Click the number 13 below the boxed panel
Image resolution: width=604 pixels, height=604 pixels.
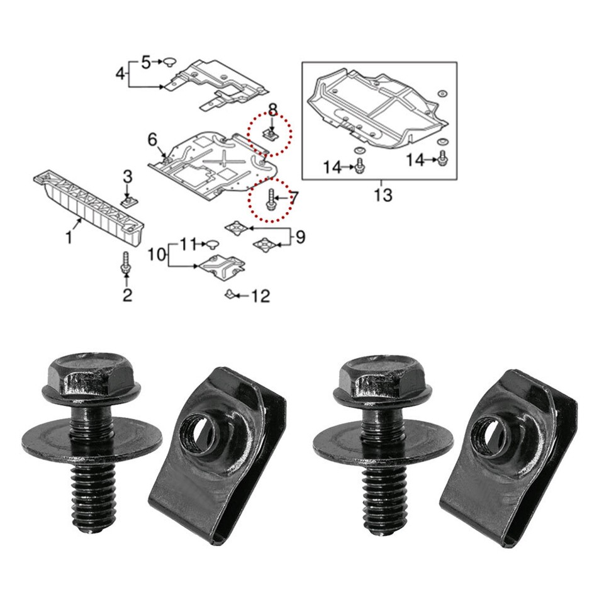click(x=382, y=195)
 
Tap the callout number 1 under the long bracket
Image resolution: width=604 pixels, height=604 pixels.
click(x=69, y=237)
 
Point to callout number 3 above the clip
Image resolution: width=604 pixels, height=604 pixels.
click(x=120, y=74)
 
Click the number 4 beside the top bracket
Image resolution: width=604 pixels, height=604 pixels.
click(x=145, y=62)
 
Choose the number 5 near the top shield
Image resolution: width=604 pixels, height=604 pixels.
click(x=152, y=139)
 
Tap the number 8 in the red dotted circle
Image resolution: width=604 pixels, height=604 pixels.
click(x=299, y=237)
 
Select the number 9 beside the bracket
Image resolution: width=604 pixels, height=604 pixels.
click(x=157, y=255)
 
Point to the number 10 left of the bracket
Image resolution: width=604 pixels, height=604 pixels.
click(x=188, y=243)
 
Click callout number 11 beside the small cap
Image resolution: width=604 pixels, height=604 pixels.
click(x=260, y=296)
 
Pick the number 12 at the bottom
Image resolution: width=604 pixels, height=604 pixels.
click(x=332, y=167)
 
